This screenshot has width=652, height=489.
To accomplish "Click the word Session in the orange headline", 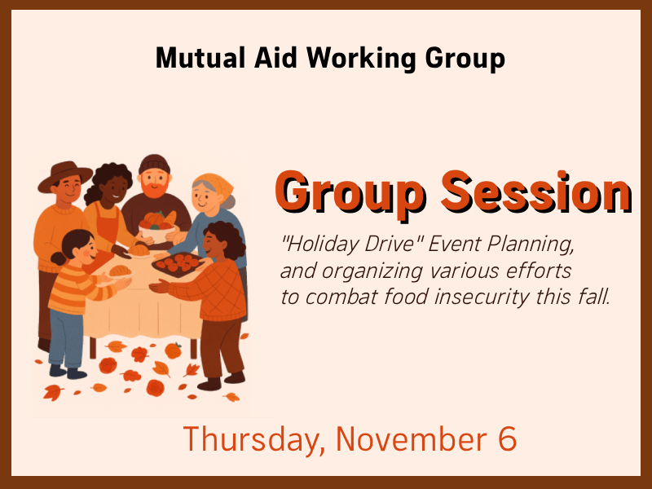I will pos(535,193).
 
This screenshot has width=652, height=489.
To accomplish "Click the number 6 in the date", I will pos(505,439).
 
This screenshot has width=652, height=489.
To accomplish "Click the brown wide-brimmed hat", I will pos(65,173).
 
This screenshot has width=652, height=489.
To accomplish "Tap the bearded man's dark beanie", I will pos(152,165).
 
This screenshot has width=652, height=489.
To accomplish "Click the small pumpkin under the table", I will pos(173,350).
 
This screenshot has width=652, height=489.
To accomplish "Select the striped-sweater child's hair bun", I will pos(57,259).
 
